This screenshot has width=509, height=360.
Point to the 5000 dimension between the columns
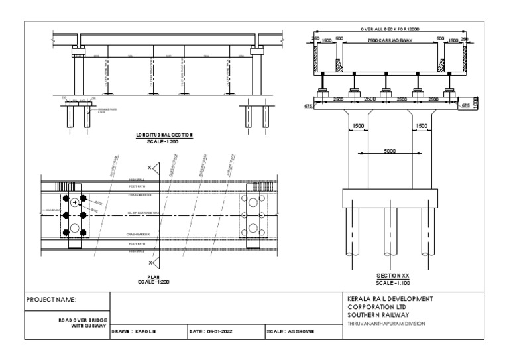(389, 151)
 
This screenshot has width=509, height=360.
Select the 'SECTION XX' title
(389, 275)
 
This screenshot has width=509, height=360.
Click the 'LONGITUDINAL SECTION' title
(164, 135)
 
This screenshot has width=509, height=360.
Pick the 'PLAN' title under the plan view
(154, 276)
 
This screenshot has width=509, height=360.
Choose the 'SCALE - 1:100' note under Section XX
(389, 282)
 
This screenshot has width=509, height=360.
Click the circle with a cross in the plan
(76, 202)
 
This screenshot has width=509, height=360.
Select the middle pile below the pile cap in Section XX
(389, 232)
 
